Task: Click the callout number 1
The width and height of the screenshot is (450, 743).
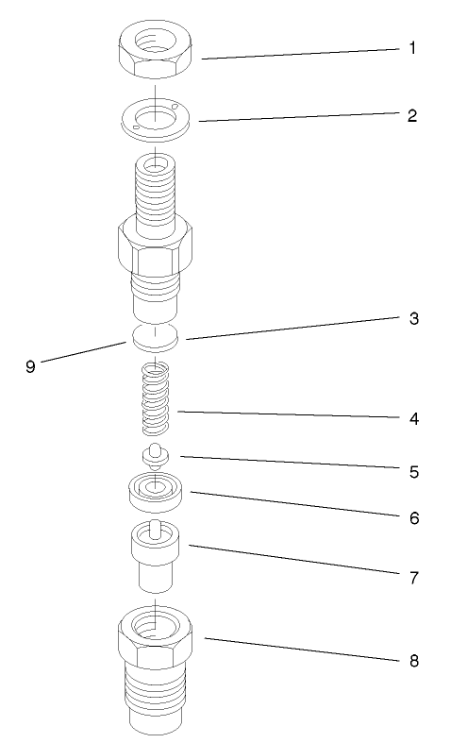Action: [x=412, y=47]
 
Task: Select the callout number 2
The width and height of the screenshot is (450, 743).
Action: [x=412, y=116]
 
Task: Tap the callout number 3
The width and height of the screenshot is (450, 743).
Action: [x=412, y=318]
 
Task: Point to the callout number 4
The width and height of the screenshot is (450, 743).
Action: [x=412, y=418]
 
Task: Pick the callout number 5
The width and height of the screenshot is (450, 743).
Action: [x=412, y=469]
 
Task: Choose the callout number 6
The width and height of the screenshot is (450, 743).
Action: [x=412, y=518]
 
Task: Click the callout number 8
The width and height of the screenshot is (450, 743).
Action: [x=412, y=660]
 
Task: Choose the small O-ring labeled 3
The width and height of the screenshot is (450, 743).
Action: [x=155, y=334]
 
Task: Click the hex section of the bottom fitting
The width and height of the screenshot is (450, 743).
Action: [x=156, y=642]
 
